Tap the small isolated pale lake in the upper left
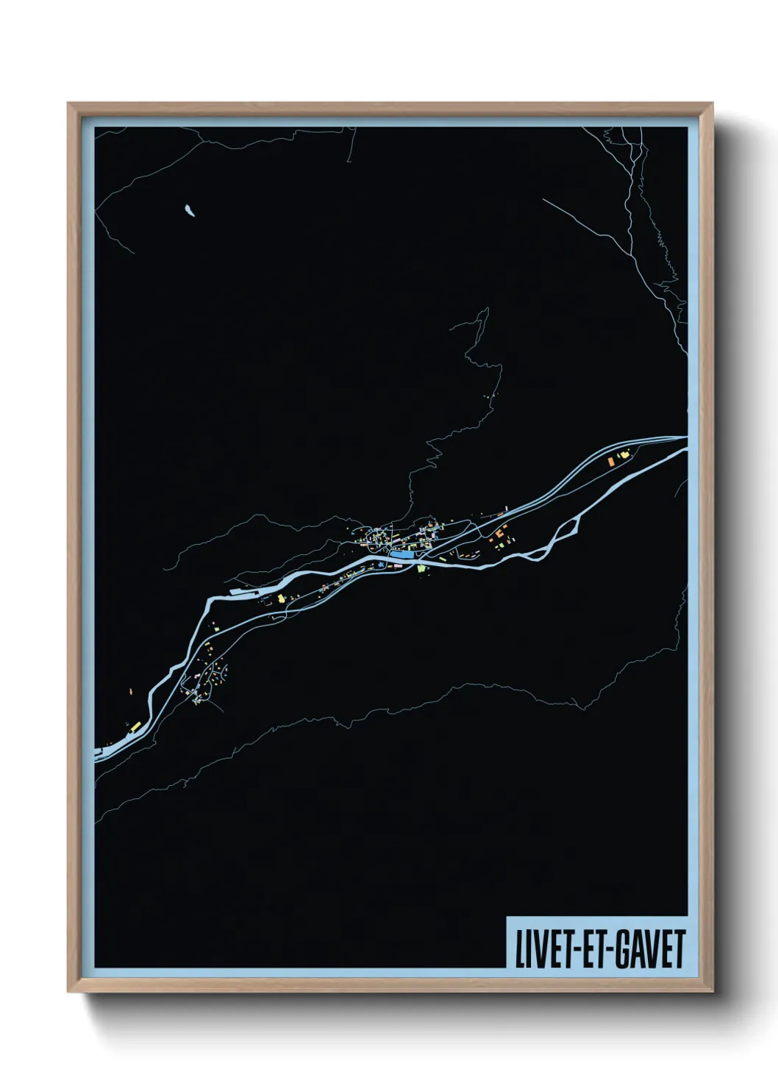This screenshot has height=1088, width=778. pyautogui.click(x=190, y=211)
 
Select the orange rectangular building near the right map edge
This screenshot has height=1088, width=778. pyautogui.click(x=610, y=460)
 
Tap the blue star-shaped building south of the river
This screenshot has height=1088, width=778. pyautogui.click(x=382, y=565)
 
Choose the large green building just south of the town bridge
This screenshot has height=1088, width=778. pyautogui.click(x=421, y=568)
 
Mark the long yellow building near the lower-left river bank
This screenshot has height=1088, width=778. pyautogui.click(x=134, y=726)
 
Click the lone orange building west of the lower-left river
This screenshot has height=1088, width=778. pyautogui.click(x=131, y=692)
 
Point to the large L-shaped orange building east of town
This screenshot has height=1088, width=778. pyautogui.click(x=499, y=532)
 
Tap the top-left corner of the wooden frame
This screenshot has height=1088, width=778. pyautogui.click(x=68, y=104)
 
